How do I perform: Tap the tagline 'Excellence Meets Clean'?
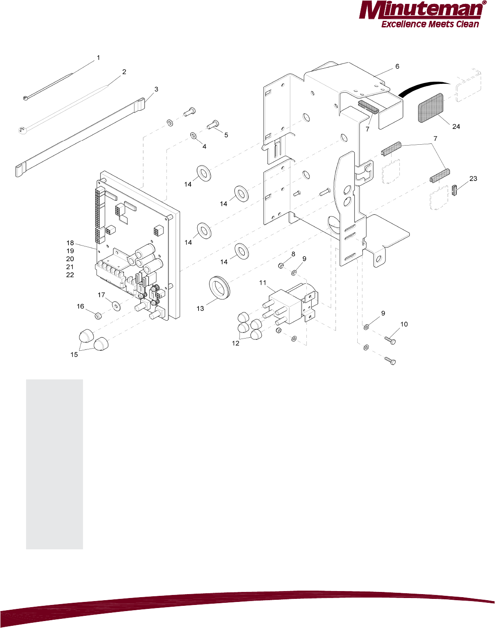pos(430,24)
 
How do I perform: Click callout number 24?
pos(456,126)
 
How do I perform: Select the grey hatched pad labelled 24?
pos(430,107)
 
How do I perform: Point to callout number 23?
pos(473,179)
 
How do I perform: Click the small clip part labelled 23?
pos(455,190)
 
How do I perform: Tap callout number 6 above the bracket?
pos(397,66)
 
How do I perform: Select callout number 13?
pos(200,309)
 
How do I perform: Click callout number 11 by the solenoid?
pos(262,283)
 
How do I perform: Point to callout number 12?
pos(236,343)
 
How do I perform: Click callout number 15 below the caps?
pos(74,355)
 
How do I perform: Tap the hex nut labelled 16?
pos(98,315)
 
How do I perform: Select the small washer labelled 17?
pos(116,306)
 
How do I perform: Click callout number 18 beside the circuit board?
pos(70,243)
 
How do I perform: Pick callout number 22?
pos(70,275)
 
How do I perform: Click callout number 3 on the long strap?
pos(156,89)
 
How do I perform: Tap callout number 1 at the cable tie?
pos(98,57)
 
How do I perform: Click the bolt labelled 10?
pos(390,341)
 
